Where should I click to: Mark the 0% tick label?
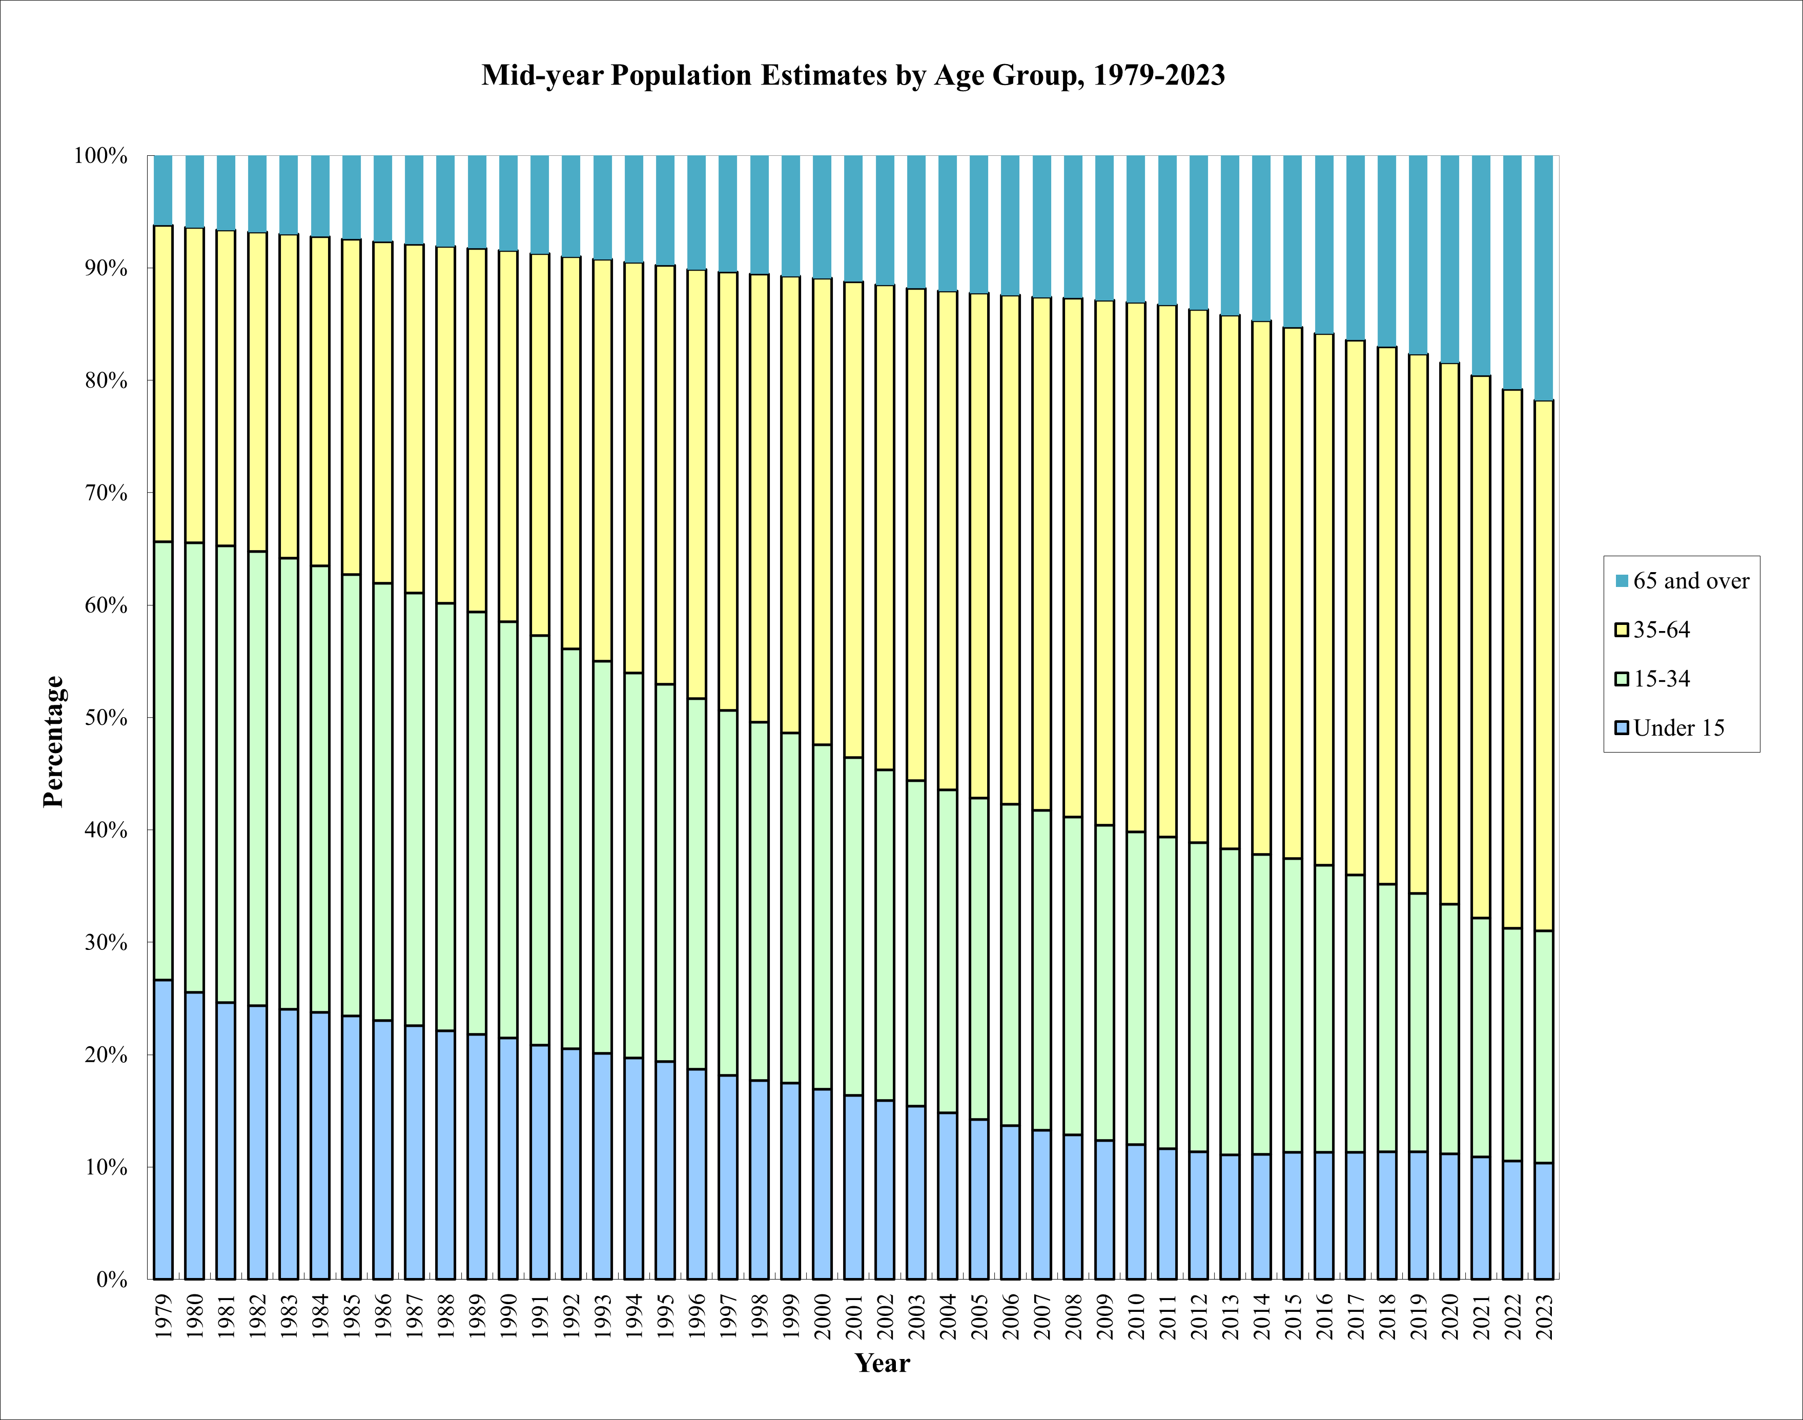pyautogui.click(x=111, y=1280)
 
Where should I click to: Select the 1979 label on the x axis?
pyautogui.click(x=164, y=1315)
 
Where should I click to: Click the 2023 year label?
pyautogui.click(x=1544, y=1315)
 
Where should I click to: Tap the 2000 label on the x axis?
pyautogui.click(x=822, y=1315)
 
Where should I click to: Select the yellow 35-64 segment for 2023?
pyautogui.click(x=1544, y=665)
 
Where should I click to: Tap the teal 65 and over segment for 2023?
pyautogui.click(x=1544, y=278)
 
